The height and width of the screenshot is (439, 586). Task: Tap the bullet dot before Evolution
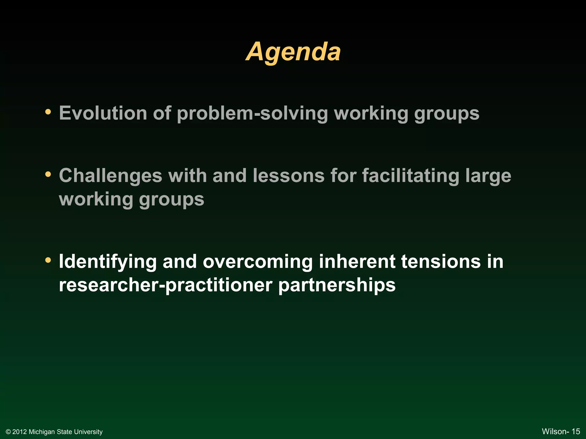point(48,111)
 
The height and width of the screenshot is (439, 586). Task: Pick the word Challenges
point(111,175)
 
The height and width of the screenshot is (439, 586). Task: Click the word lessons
point(289,175)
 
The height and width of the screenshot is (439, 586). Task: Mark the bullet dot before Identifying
point(48,260)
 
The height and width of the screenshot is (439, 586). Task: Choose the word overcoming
point(258,262)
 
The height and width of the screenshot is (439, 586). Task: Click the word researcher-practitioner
point(165,285)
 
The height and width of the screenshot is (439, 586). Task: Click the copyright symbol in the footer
point(8,432)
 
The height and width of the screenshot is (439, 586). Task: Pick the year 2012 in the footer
point(19,432)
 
